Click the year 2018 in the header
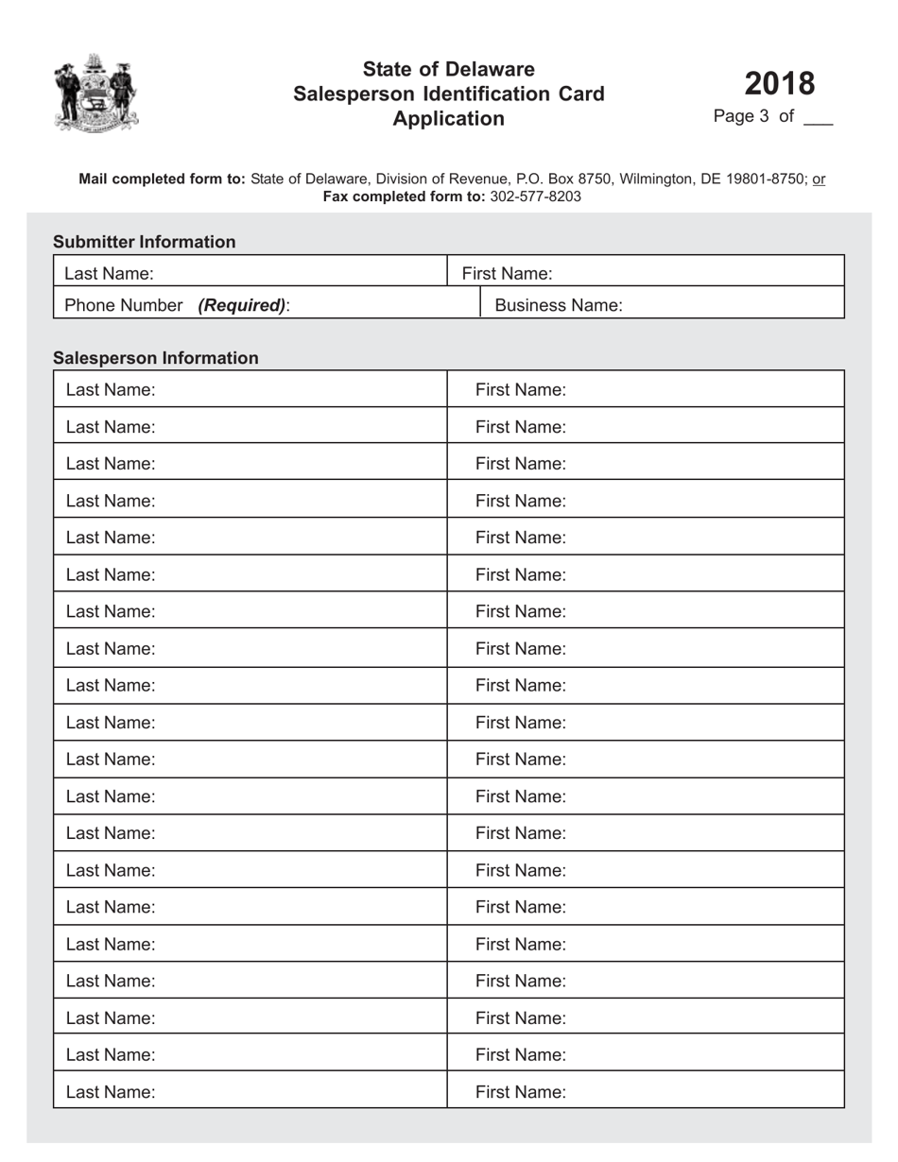779,83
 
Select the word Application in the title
448,118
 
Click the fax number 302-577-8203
535,197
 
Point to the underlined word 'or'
819,179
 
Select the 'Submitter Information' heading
144,242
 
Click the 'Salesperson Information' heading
155,358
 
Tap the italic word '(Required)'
242,305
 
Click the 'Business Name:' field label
559,305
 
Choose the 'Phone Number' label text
123,305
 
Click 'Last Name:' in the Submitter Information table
109,274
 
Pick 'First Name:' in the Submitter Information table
507,274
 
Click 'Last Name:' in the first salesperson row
111,389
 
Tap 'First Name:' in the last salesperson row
520,1092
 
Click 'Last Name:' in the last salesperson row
111,1092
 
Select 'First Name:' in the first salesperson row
520,389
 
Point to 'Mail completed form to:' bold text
162,179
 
